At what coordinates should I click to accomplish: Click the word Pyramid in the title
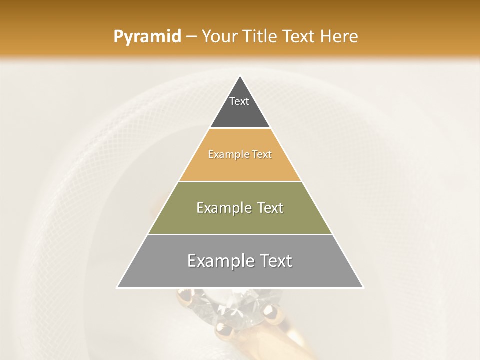(147, 37)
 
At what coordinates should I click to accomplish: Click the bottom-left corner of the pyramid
(117, 287)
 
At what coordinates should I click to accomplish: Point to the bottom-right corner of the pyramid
(363, 287)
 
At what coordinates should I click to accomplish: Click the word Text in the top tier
(239, 101)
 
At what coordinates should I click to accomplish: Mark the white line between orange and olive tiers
(240, 181)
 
